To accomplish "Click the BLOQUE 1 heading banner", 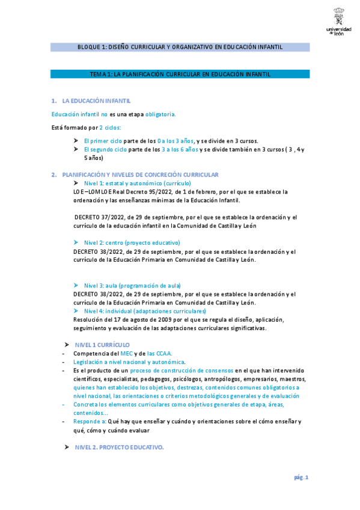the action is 180,47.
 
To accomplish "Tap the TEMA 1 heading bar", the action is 180,74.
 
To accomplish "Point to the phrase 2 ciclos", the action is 109,127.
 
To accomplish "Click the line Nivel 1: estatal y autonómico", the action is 138,182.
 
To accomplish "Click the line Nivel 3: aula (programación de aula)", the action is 132,285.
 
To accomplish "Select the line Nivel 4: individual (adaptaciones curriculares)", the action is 145,311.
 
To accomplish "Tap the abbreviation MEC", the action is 126,354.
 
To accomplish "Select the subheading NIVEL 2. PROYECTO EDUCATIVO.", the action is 119,447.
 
